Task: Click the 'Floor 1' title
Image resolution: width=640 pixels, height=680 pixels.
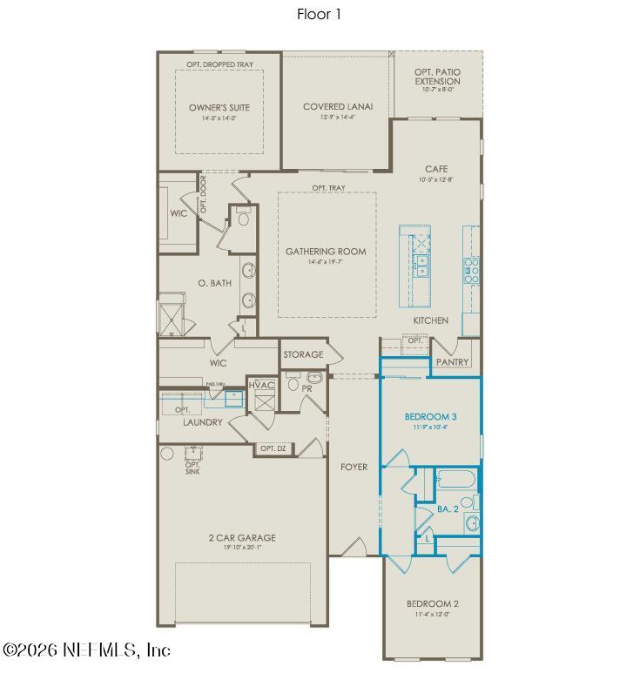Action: (x=320, y=14)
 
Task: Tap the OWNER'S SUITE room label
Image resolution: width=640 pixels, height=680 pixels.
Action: (x=219, y=108)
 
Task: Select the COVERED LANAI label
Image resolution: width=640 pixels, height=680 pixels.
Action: (x=338, y=106)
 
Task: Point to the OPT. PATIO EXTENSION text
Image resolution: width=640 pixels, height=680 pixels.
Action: (x=437, y=76)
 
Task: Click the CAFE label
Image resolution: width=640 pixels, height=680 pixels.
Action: (x=436, y=169)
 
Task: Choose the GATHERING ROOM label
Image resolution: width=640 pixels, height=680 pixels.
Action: (x=326, y=252)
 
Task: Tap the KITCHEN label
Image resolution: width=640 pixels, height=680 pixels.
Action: (x=430, y=320)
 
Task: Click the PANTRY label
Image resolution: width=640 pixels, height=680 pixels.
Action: (x=452, y=361)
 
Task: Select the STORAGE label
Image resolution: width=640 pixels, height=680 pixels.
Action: (x=303, y=354)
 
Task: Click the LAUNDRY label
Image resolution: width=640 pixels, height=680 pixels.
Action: (x=203, y=422)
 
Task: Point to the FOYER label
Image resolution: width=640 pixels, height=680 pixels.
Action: (x=354, y=467)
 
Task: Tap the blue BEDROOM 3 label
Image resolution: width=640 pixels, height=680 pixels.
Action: (x=431, y=417)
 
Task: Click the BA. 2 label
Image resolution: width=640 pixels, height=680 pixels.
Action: (x=448, y=508)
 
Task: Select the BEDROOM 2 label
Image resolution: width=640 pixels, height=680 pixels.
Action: (x=432, y=603)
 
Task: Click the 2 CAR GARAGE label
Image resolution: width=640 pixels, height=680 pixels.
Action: (x=242, y=538)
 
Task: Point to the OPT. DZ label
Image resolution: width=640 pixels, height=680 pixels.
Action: (x=273, y=448)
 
